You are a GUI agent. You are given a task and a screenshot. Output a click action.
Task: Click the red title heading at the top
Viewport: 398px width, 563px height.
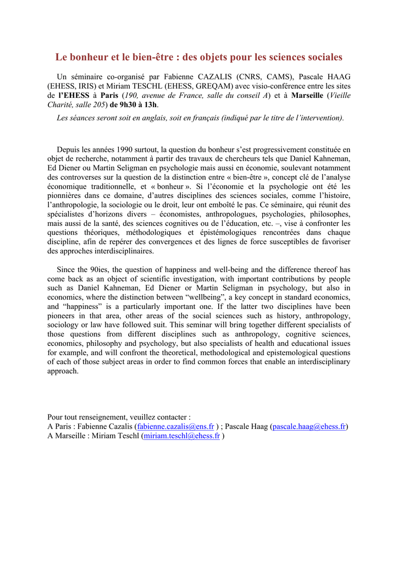point(198,57)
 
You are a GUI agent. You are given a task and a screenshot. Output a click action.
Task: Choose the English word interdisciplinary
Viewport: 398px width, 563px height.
point(319,362)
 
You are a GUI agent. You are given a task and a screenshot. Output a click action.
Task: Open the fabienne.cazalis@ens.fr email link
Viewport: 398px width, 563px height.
point(175,427)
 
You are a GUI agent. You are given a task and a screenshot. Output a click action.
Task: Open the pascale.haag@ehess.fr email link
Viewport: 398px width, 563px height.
point(309,427)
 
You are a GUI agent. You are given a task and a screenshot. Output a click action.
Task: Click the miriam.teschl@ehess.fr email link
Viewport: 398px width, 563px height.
point(181,436)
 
